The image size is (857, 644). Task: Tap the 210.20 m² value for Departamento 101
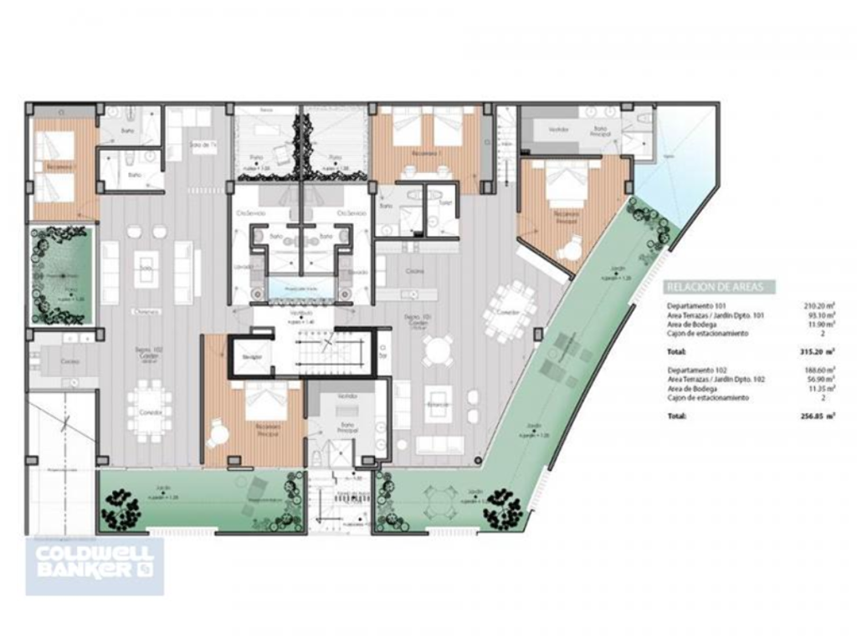coord(819,305)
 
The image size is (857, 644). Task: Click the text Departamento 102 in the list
coord(695,369)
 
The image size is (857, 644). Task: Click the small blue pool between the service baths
coord(300,289)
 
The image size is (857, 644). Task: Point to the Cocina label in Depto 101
coord(416,271)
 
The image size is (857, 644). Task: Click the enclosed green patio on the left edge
coord(60,276)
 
